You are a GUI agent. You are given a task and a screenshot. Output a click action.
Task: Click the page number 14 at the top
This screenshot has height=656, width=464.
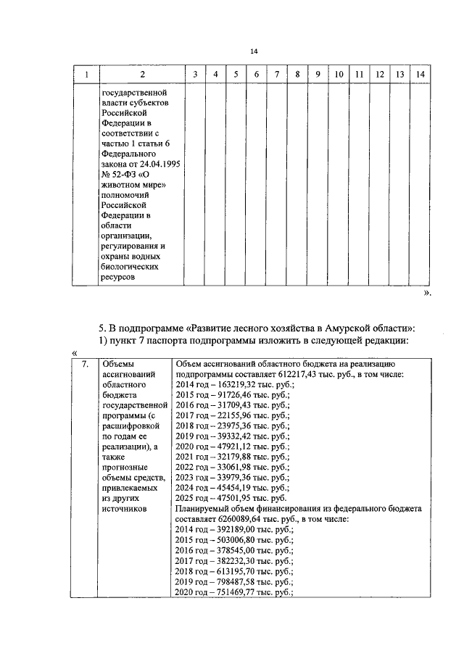tap(254, 51)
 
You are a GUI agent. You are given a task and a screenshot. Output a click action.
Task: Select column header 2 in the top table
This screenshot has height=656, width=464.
tap(142, 75)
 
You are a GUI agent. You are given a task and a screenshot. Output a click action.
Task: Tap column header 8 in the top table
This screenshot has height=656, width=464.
tap(297, 75)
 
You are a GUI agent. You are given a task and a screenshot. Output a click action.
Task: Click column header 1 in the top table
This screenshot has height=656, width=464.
tap(87, 75)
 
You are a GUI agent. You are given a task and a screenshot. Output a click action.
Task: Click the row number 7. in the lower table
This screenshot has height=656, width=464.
tap(86, 364)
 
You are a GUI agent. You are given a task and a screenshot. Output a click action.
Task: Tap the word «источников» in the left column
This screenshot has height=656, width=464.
tap(125, 510)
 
